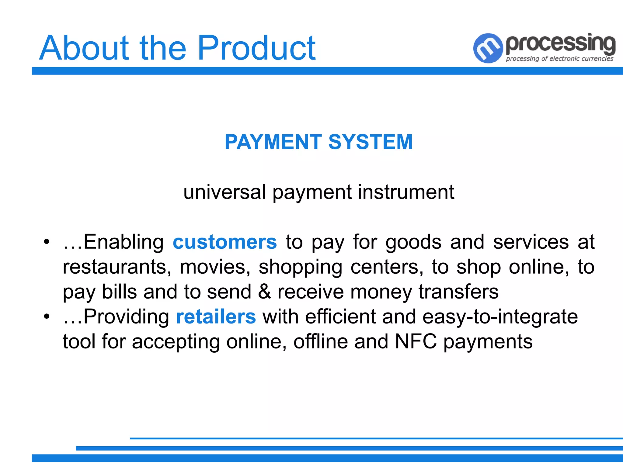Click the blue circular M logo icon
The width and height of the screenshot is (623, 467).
(x=488, y=48)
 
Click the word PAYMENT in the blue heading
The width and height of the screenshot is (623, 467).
(x=273, y=142)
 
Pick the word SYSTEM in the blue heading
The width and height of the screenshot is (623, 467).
(x=370, y=142)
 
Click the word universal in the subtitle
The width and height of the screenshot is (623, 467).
(x=224, y=192)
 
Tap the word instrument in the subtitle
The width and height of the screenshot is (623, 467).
(x=406, y=192)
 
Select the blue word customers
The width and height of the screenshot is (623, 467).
(x=225, y=242)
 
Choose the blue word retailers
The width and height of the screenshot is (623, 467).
(x=216, y=317)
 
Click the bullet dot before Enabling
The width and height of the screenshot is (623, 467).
(x=46, y=242)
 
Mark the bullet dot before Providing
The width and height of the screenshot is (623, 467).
(x=46, y=317)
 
